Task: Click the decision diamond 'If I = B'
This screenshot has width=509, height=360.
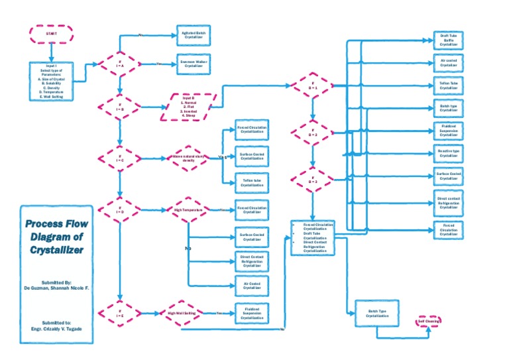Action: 120,105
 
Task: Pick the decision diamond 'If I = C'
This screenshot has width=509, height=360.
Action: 120,158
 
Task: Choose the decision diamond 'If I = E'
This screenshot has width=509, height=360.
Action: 120,312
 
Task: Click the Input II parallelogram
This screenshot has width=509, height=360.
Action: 189,106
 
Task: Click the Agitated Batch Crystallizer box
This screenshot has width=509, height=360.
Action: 193,35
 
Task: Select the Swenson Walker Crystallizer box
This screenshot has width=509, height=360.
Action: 193,64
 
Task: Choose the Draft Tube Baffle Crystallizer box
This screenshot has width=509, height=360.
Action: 449,39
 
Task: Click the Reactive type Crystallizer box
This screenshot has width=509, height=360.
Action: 449,154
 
